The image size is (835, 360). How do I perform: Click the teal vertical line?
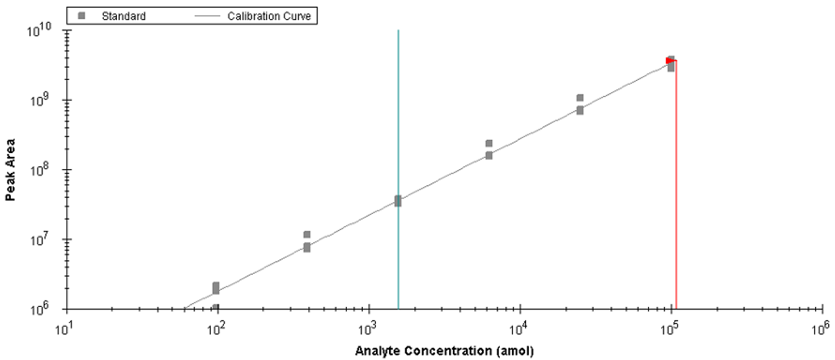click(x=398, y=169)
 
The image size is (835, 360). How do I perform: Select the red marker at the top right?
click(x=670, y=60)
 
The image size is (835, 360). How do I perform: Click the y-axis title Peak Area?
click(x=11, y=171)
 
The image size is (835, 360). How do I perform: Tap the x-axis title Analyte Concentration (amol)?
click(x=444, y=352)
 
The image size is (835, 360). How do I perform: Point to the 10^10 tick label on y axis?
click(x=39, y=32)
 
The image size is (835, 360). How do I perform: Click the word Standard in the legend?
click(x=125, y=15)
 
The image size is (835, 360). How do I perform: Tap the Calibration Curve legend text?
click(x=269, y=15)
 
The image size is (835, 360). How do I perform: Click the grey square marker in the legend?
click(x=81, y=15)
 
